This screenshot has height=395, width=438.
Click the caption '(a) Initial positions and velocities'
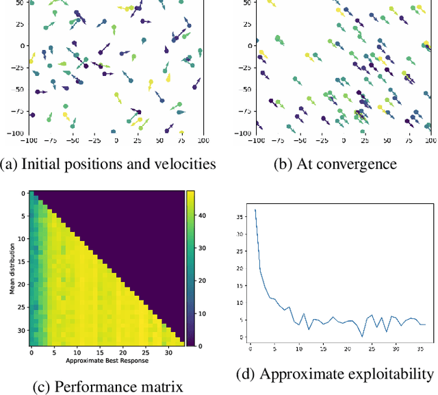tap(108, 163)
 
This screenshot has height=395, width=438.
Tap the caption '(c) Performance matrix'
tap(108, 387)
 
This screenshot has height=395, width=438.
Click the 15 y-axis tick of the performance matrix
tap(21, 262)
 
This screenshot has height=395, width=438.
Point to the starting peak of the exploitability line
tap(255, 210)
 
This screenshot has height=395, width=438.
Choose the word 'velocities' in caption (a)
tap(187, 163)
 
